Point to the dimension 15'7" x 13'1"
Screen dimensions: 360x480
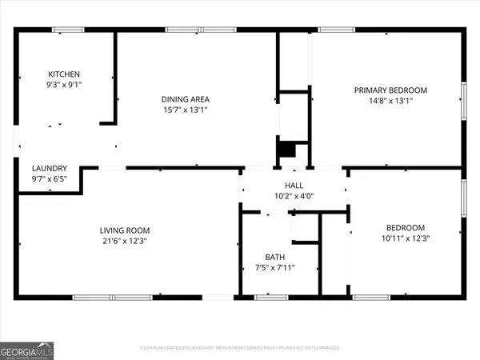point(186,110)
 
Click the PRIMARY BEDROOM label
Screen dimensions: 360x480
point(390,90)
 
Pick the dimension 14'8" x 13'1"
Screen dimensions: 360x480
point(390,101)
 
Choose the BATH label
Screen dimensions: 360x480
point(274,257)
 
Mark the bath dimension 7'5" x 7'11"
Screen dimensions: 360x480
point(274,268)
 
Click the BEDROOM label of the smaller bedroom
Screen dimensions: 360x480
point(406,227)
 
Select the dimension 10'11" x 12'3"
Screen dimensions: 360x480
point(406,238)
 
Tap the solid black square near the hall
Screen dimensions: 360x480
point(286,150)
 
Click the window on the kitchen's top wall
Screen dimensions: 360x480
point(68,30)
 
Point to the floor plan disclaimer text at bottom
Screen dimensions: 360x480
point(239,348)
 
